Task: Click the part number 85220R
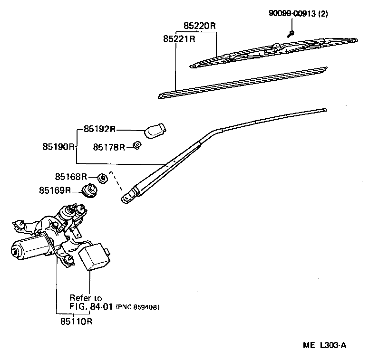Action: pos(200,25)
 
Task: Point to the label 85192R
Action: pos(100,129)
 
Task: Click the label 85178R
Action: pos(109,147)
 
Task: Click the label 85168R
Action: pos(71,177)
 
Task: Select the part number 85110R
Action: pos(76,321)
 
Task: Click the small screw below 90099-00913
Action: pos(291,33)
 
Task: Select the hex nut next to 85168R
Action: pos(102,178)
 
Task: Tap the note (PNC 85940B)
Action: pos(137,307)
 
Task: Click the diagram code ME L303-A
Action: pos(325,345)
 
